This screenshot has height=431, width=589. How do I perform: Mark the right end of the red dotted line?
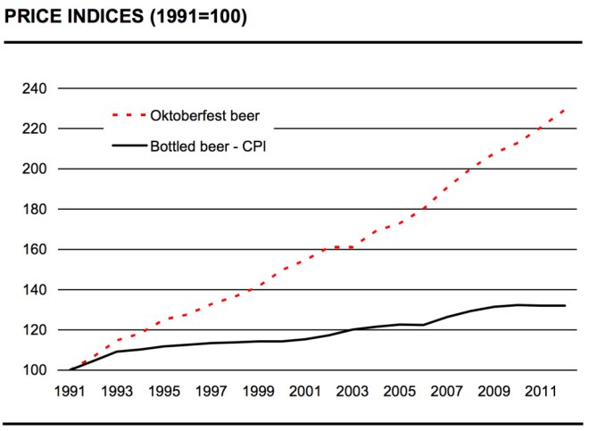[565, 109]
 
